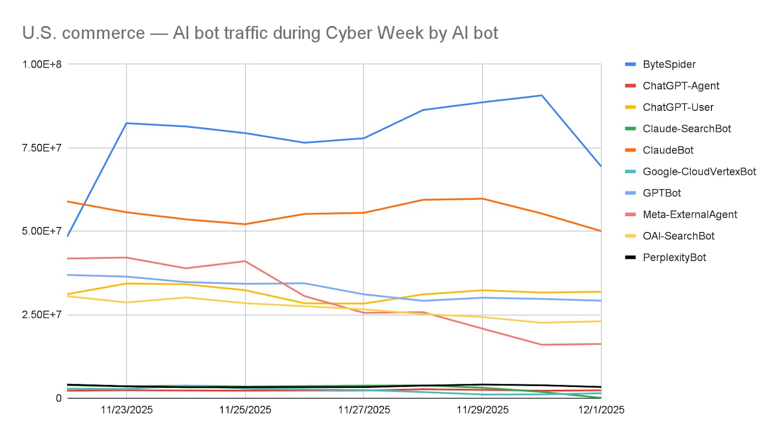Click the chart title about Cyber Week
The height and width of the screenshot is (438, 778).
coord(260,33)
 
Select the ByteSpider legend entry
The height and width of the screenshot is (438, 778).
coord(669,64)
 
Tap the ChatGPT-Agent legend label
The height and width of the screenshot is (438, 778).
coord(681,86)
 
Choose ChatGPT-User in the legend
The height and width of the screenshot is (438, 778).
coord(678,107)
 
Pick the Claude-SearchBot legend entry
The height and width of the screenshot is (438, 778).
coord(687,128)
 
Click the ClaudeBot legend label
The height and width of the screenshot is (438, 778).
coord(668,150)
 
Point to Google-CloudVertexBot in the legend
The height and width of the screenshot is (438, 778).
coord(699,172)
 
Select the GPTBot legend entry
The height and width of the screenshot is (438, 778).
coord(661,193)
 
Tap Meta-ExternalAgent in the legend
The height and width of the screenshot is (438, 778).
coord(690,214)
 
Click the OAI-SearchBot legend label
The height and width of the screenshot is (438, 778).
coord(678,236)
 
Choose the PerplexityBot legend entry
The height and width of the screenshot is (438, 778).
coord(674,257)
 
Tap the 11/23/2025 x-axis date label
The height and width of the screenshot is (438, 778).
coord(126,410)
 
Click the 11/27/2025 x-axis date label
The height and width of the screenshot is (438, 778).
coord(364,410)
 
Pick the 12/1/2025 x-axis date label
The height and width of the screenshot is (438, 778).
coord(601,410)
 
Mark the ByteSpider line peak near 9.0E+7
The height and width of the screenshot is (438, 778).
coord(542,95)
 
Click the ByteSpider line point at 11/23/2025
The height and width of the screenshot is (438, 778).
coord(126,123)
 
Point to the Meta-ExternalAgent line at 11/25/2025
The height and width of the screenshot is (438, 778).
coord(245,261)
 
